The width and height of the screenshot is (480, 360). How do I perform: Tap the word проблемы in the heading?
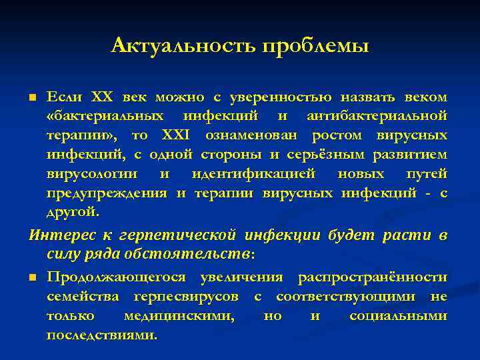pos(315,46)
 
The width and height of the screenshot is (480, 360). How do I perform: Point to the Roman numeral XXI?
pos(176,136)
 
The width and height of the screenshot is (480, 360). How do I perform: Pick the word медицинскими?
pos(179,315)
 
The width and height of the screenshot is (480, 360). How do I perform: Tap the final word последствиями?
pos(102,335)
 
